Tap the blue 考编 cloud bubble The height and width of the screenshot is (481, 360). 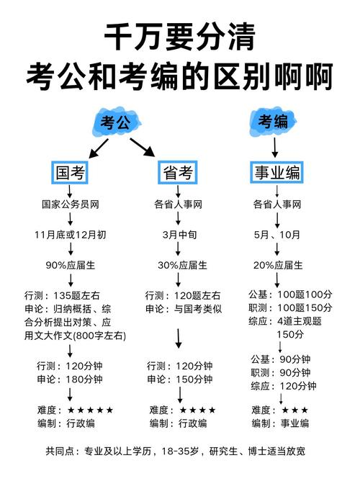tap(274, 120)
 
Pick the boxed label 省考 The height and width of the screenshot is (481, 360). tap(176, 173)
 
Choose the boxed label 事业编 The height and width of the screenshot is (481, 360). tap(277, 173)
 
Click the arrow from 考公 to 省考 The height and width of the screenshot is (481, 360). tap(143, 147)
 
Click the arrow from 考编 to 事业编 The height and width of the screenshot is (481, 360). tap(275, 147)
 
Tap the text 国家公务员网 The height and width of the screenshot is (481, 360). tap(70, 204)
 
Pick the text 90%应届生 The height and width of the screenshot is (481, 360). tap(70, 265)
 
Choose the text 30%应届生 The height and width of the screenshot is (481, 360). tap(179, 265)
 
